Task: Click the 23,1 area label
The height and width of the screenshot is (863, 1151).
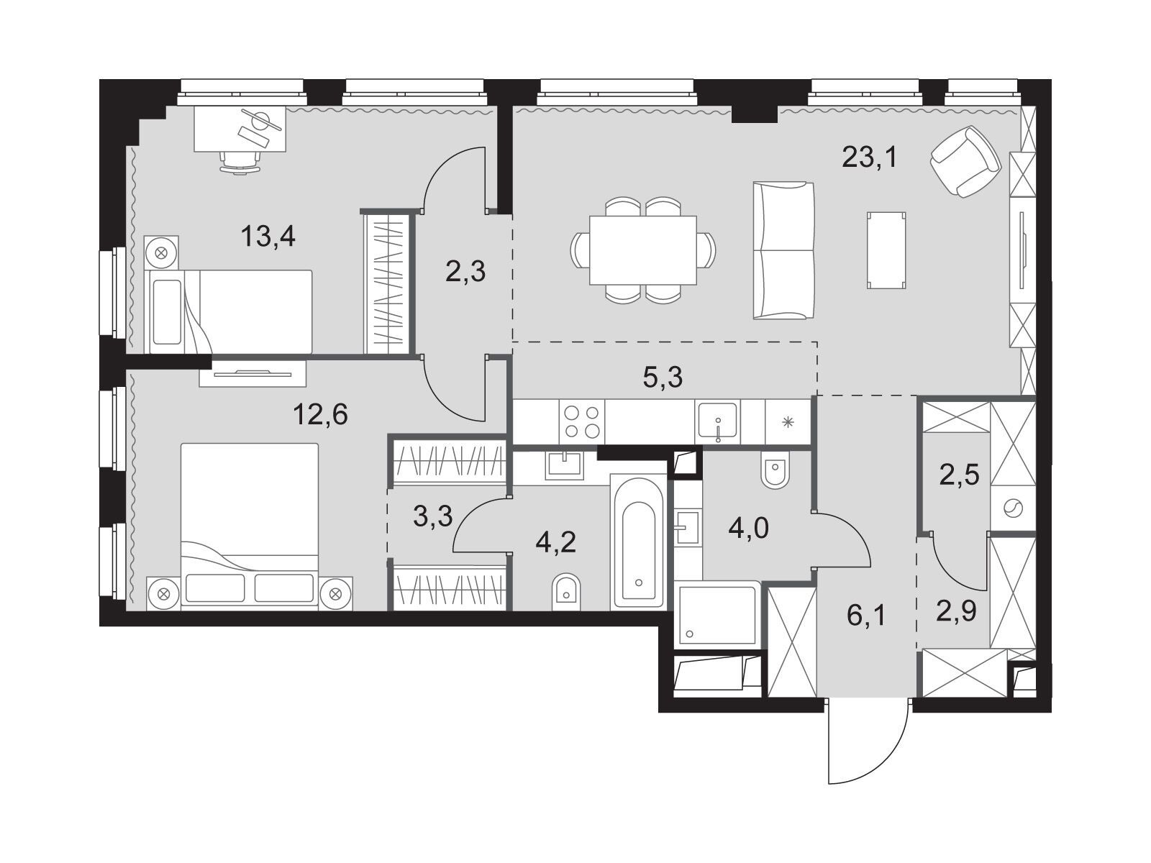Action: (x=870, y=157)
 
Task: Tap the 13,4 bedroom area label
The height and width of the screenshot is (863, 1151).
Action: (x=268, y=237)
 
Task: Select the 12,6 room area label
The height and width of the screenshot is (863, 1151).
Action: (x=320, y=415)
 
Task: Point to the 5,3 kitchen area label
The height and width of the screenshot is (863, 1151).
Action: (x=663, y=378)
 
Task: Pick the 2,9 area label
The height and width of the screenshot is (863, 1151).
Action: (x=957, y=611)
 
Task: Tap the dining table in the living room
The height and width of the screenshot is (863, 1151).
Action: (x=643, y=250)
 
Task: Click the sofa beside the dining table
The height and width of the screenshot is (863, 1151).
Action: (x=783, y=250)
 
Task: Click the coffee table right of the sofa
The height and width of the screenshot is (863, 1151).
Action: (x=886, y=250)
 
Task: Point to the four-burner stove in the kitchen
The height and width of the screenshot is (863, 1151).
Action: (x=581, y=422)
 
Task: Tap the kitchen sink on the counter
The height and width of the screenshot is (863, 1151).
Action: (x=718, y=422)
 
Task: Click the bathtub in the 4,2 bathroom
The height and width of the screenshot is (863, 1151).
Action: (x=638, y=542)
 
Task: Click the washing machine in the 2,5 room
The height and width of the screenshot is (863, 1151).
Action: (x=1013, y=508)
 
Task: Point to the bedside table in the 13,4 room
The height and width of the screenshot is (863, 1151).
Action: (x=162, y=252)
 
